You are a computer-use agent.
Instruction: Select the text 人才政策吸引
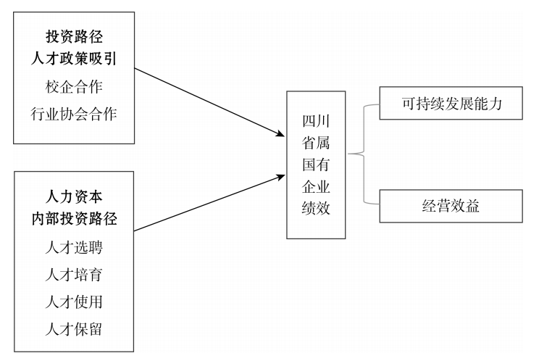pos(75,60)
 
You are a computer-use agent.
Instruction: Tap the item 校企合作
pos(75,87)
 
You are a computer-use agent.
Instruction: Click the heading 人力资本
pos(75,196)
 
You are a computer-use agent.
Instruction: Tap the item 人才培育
pos(75,275)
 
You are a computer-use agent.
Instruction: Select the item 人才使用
pos(75,302)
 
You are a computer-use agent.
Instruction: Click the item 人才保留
pos(75,329)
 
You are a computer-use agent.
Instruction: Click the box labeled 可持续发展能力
pos(451,104)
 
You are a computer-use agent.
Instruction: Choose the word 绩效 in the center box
pos(316,209)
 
